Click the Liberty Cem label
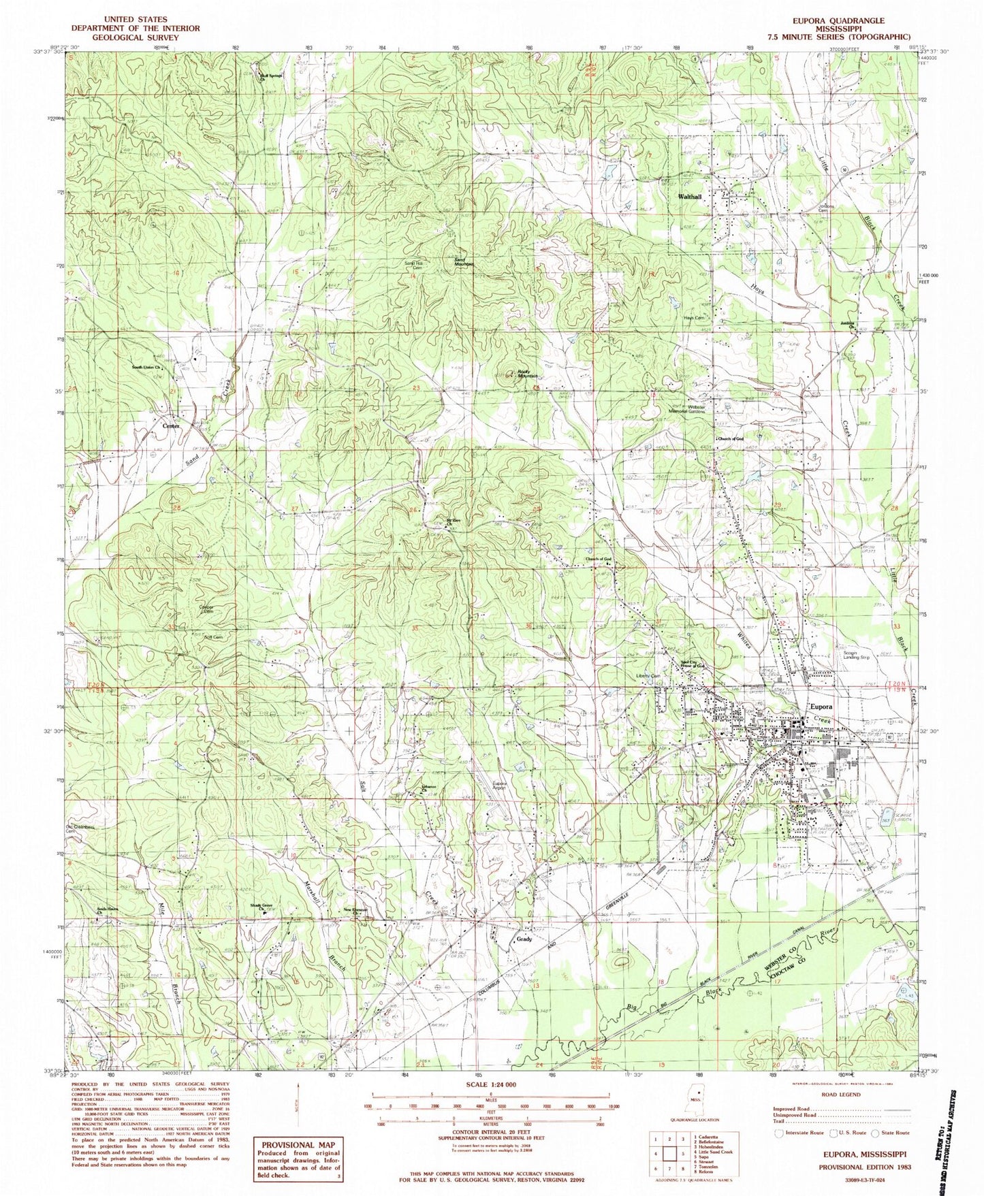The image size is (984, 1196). coord(648,676)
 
